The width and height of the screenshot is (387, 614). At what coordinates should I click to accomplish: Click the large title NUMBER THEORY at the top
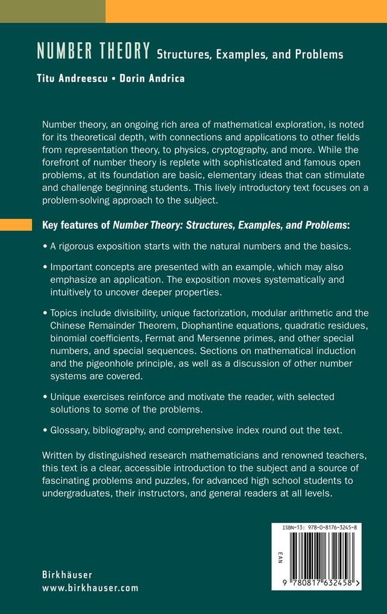click(93, 52)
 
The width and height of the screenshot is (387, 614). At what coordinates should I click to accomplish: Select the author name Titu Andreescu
click(71, 78)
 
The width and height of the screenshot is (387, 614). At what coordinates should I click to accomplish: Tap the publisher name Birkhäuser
click(67, 574)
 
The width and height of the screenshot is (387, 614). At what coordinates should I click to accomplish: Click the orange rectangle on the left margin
click(16, 225)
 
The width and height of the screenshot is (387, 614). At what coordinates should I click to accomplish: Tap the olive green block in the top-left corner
click(52, 11)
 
